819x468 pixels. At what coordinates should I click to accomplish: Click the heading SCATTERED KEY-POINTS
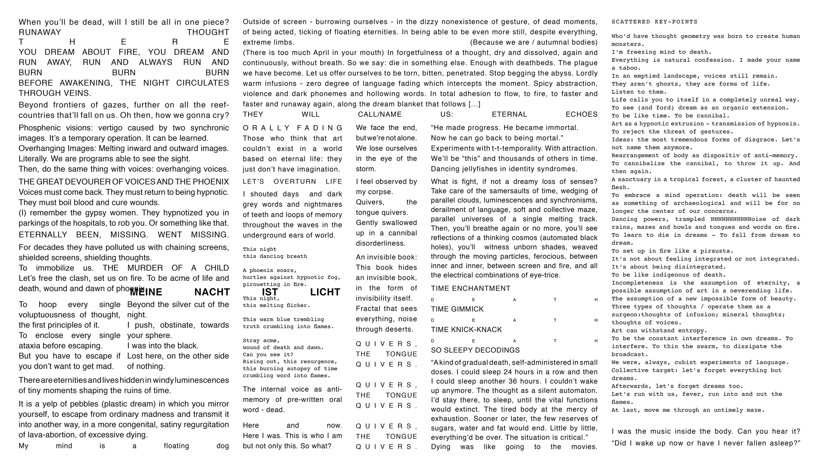[x=654, y=22]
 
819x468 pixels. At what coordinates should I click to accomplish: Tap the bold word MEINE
[x=146, y=292]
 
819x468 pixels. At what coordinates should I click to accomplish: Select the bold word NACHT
[x=212, y=292]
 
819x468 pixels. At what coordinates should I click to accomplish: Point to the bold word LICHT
[x=325, y=292]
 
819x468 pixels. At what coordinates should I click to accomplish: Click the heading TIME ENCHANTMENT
[x=470, y=288]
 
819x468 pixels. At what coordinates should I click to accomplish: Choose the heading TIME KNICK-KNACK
[x=466, y=329]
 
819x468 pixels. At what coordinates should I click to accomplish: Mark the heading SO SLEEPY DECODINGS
[x=475, y=350]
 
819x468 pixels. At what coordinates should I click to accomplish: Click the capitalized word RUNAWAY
[x=40, y=32]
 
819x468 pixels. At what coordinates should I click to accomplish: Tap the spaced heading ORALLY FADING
[x=292, y=128]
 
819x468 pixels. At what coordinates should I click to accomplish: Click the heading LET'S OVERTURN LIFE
[x=292, y=182]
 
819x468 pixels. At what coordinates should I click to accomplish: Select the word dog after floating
[x=223, y=446]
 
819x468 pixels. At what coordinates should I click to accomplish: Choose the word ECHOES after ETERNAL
[x=581, y=114]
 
